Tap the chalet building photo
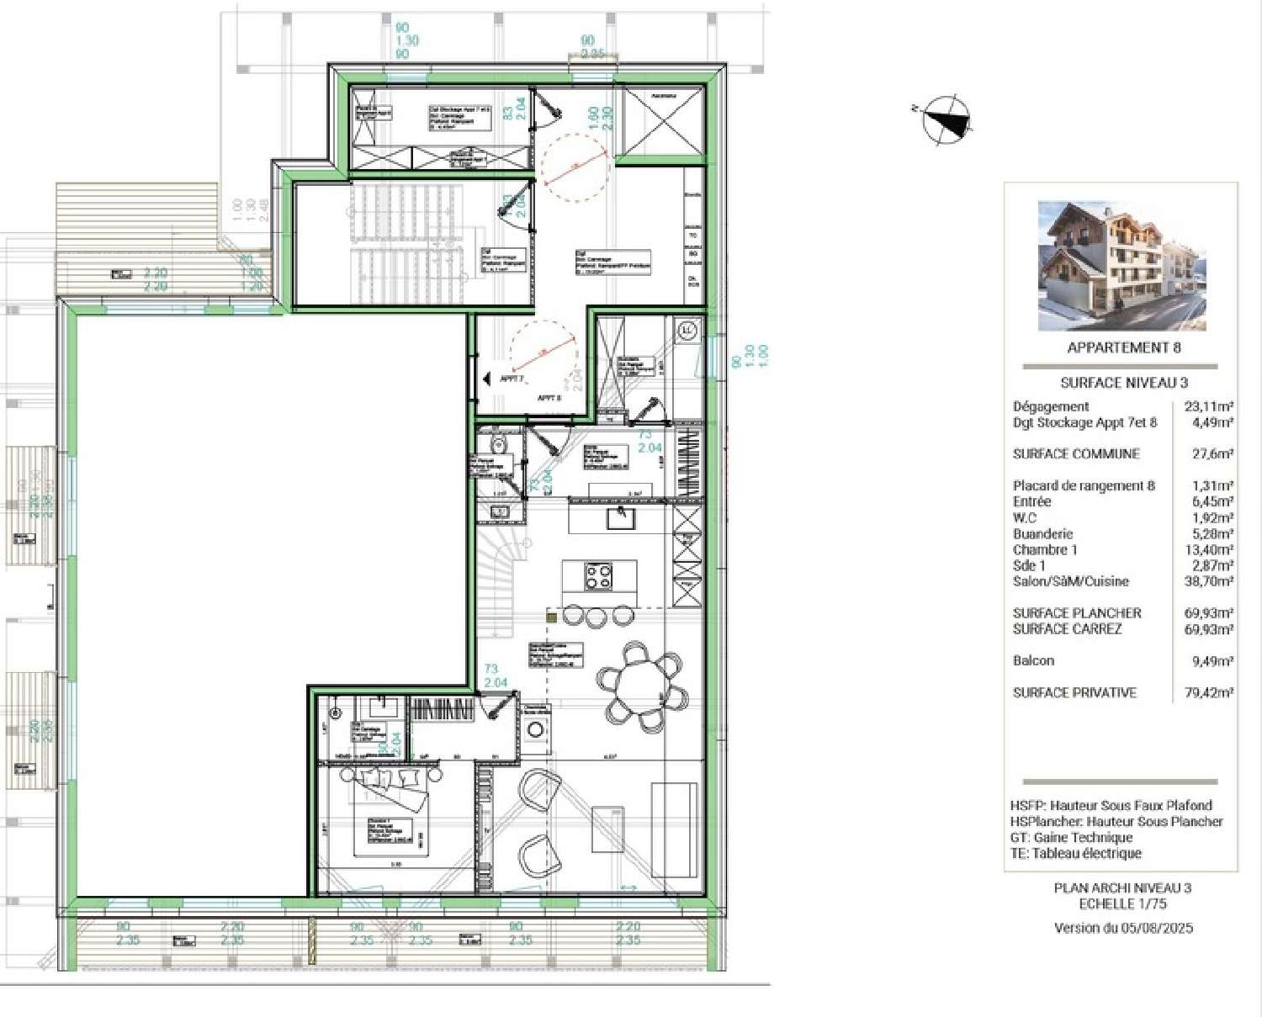pyautogui.click(x=1121, y=265)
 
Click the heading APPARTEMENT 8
pyautogui.click(x=1123, y=347)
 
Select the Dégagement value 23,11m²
pyautogui.click(x=1208, y=407)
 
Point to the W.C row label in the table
pyautogui.click(x=1025, y=518)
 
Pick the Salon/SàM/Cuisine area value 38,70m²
pyautogui.click(x=1208, y=581)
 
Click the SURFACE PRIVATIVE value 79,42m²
pyautogui.click(x=1208, y=693)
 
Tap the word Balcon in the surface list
pyautogui.click(x=1033, y=661)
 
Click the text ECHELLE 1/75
pyautogui.click(x=1122, y=904)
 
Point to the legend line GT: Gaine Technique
pyautogui.click(x=1071, y=838)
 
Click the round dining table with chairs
pyautogui.click(x=643, y=686)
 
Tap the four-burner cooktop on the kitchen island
pyautogui.click(x=599, y=577)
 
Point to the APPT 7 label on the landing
pyautogui.click(x=512, y=379)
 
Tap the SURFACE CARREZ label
pyautogui.click(x=1067, y=629)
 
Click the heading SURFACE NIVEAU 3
pyautogui.click(x=1123, y=383)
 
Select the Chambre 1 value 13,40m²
pyautogui.click(x=1208, y=550)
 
